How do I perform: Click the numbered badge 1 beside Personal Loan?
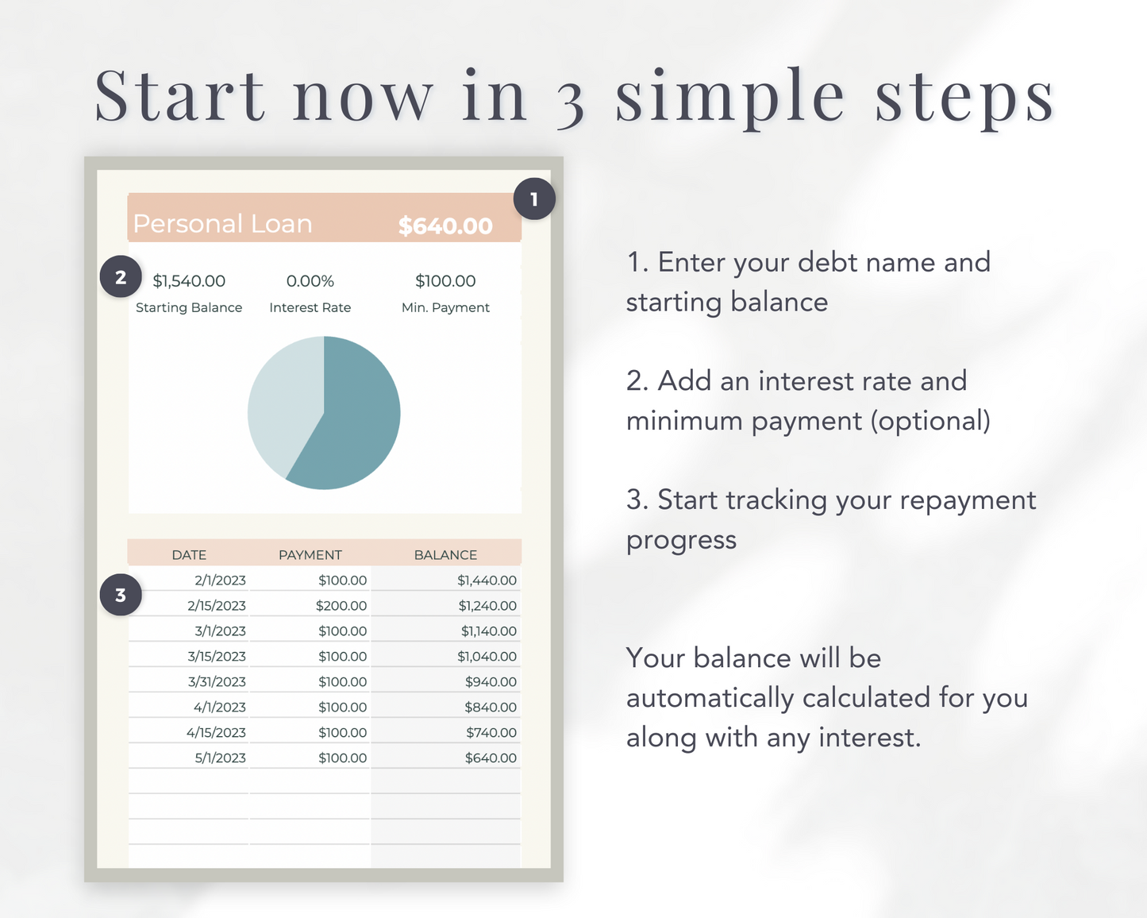point(534,199)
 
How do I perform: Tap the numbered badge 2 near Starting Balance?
point(121,278)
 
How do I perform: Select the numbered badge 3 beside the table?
point(121,595)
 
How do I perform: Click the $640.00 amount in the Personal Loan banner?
point(445,226)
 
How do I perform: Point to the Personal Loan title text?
point(222,224)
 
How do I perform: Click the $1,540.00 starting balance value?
point(189,281)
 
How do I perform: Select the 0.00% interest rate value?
point(310,281)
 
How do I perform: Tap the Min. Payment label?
point(445,307)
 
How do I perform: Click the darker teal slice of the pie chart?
point(357,421)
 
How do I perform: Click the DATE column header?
point(189,555)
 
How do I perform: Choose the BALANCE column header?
point(445,555)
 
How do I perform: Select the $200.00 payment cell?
point(341,606)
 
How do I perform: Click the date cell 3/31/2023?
point(217,682)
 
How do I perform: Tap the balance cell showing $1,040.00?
point(487,657)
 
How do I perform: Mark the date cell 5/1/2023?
point(220,758)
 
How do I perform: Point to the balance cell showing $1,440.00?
point(487,580)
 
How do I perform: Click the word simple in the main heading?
point(730,97)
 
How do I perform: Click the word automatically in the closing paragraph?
point(710,698)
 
